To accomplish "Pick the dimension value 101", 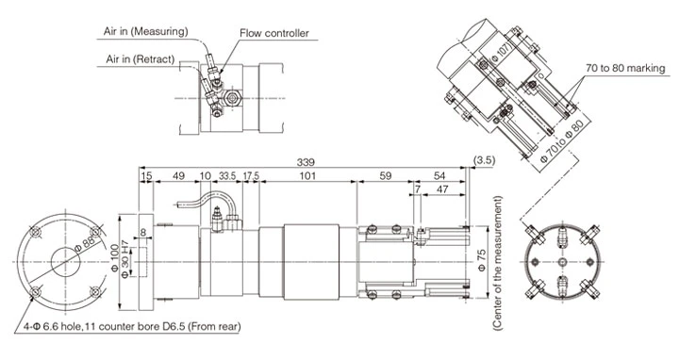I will [306, 175].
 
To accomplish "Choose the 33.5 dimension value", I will [227, 175].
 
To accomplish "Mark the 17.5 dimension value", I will [251, 175].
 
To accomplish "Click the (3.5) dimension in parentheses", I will [487, 160].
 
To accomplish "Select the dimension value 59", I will [386, 175].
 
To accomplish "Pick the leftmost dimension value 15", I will [146, 175].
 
